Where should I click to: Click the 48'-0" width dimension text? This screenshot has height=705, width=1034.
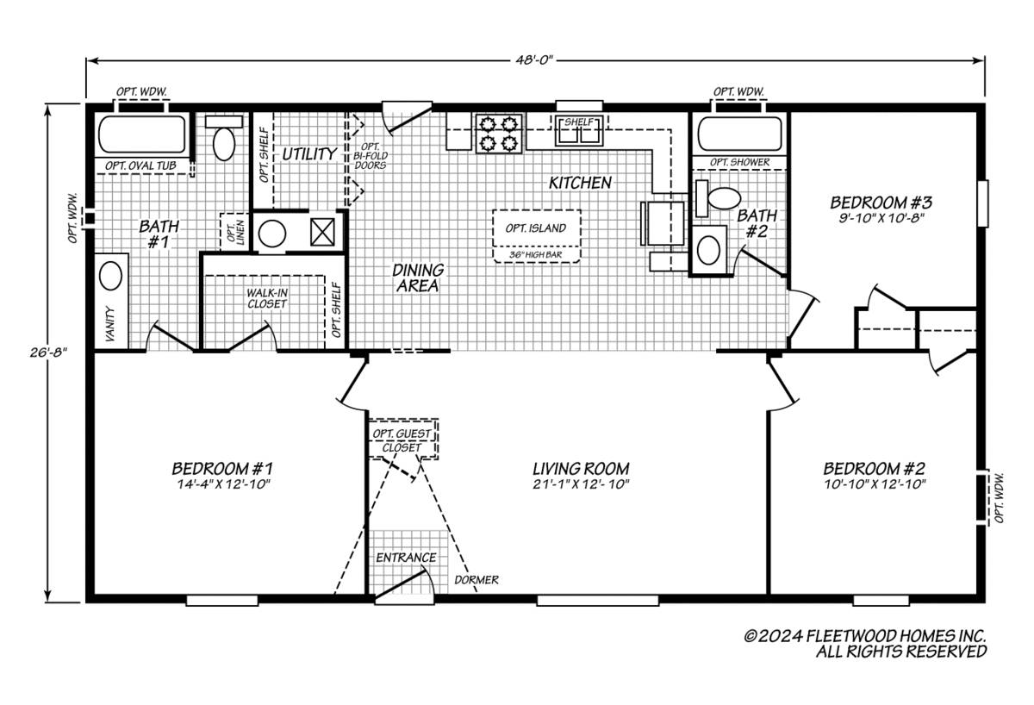[535, 59]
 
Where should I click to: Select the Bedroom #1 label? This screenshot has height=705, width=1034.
[222, 468]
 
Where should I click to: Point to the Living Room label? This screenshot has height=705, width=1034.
[580, 468]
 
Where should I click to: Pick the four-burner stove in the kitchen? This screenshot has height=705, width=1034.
[499, 133]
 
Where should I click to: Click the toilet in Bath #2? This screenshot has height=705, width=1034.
[722, 200]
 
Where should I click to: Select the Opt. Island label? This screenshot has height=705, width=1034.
[535, 228]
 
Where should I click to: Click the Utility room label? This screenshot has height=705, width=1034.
[309, 154]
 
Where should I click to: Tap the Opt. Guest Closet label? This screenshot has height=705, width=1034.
[402, 440]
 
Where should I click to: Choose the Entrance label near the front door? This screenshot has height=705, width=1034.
[406, 558]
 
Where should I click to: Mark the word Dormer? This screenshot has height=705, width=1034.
[477, 580]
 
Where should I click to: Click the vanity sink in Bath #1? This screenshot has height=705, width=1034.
[110, 277]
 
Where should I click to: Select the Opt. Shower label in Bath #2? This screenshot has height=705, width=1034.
[739, 162]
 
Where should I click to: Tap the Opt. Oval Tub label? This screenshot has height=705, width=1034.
[138, 166]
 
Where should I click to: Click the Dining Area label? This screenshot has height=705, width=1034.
[418, 278]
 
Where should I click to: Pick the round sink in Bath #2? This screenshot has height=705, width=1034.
[709, 250]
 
